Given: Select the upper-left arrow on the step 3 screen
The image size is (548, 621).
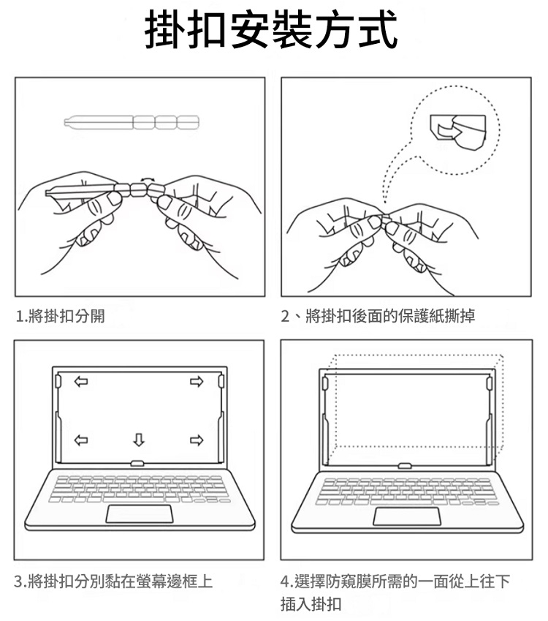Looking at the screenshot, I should point(80,381).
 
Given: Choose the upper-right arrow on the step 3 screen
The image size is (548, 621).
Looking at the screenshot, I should point(196,381).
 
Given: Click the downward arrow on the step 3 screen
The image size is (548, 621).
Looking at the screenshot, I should point(138,440).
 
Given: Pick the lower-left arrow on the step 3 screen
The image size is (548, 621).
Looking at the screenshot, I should point(80,440).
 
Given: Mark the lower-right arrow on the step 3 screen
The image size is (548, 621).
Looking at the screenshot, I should point(196,440).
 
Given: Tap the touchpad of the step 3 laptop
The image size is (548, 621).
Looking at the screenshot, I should point(140,513).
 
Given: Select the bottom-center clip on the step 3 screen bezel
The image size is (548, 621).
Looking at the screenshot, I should point(137,463).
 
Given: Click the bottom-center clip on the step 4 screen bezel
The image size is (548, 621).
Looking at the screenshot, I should point(403,464).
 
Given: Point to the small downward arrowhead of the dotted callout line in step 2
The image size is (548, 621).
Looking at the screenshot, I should point(385,196).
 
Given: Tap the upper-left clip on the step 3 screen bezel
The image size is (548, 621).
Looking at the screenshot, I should point(58,380).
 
